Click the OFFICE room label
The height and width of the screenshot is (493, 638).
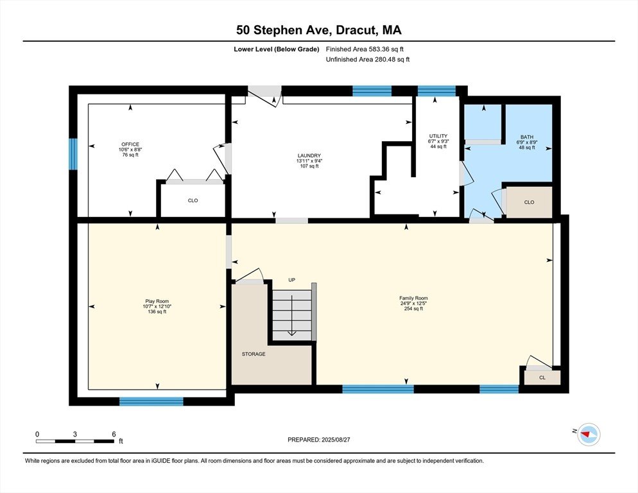pyautogui.click(x=130, y=144)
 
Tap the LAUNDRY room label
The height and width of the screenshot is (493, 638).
pyautogui.click(x=309, y=155)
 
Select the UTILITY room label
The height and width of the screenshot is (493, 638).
pyautogui.click(x=438, y=136)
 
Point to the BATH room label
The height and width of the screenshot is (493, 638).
pyautogui.click(x=527, y=137)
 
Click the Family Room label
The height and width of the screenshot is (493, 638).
pyautogui.click(x=413, y=298)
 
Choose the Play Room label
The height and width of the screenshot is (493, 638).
pyautogui.click(x=157, y=301)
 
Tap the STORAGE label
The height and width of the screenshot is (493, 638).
pyautogui.click(x=254, y=354)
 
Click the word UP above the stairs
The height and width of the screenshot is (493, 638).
pyautogui.click(x=292, y=280)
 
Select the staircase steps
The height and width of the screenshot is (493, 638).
pyautogui.click(x=292, y=315)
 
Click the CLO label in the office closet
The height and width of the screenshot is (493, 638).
pyautogui.click(x=193, y=200)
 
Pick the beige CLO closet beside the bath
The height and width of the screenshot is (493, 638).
pyautogui.click(x=529, y=202)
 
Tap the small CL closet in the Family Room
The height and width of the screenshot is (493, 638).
pyautogui.click(x=542, y=377)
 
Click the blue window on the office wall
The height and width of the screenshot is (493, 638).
pyautogui.click(x=73, y=154)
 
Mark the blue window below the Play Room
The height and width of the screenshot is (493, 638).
pyautogui.click(x=151, y=401)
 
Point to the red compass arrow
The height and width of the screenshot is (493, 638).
pyautogui.click(x=586, y=435)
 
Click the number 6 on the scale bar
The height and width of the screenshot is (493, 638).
pyautogui.click(x=114, y=434)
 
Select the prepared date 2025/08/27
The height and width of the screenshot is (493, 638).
pyautogui.click(x=336, y=440)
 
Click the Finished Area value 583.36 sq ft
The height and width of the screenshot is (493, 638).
pyautogui.click(x=386, y=49)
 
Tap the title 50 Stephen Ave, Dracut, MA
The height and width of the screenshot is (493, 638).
pyautogui.click(x=319, y=30)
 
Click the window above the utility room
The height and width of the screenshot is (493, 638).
pyautogui.click(x=436, y=91)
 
